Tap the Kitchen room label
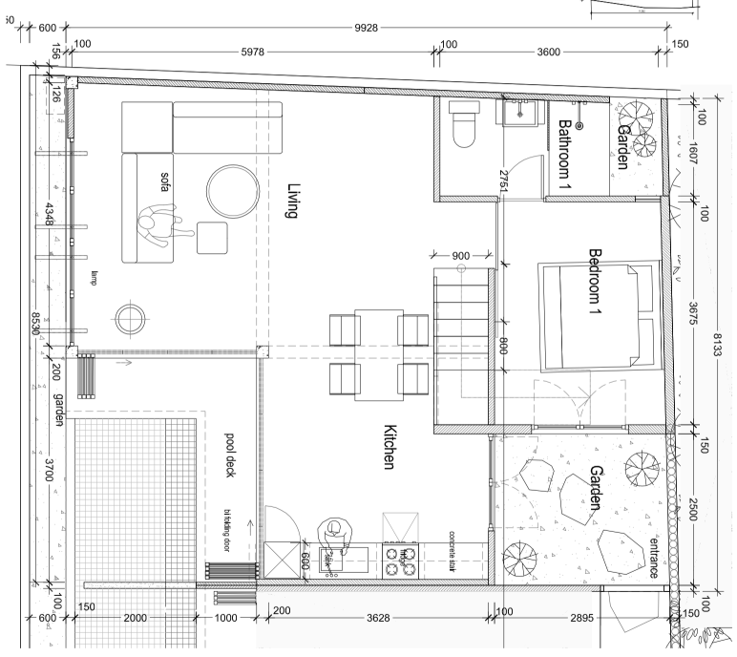click(390, 447)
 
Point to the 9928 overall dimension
click(367, 27)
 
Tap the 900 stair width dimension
click(460, 255)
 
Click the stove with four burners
click(400, 560)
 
